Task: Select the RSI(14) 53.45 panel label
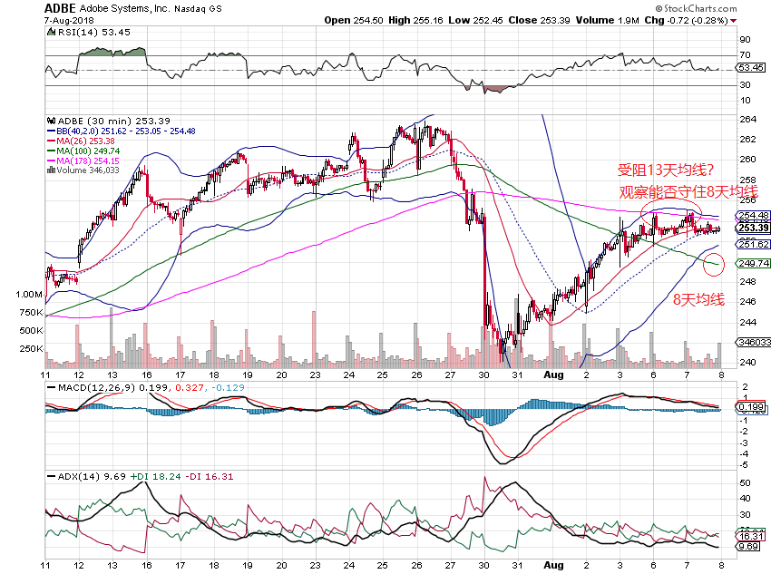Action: pyautogui.click(x=83, y=32)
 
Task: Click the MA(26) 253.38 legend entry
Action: pyautogui.click(x=83, y=141)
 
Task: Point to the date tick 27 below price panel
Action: pyautogui.click(x=449, y=374)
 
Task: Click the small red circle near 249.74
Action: pyautogui.click(x=715, y=265)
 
